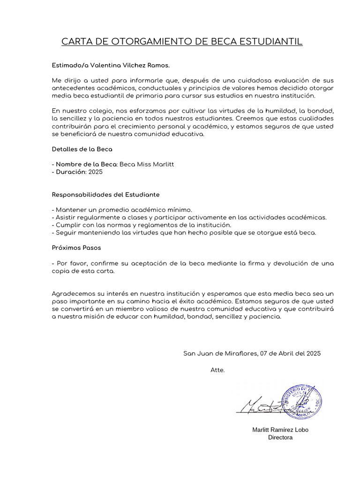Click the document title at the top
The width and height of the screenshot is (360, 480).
pos(182,42)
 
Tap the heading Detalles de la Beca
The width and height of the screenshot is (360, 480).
pos(82,149)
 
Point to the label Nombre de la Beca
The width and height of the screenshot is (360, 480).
pos(86,164)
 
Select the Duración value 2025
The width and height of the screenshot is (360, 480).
pos(95,172)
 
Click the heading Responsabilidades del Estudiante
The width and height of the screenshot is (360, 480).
pos(105,194)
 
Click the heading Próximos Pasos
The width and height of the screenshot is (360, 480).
pos(76,247)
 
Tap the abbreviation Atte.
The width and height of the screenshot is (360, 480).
pos(217,370)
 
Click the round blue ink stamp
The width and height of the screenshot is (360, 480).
pos(301,401)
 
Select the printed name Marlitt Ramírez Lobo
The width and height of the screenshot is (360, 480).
pos(280,429)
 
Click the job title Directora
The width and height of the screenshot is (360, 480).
pos(280,437)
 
